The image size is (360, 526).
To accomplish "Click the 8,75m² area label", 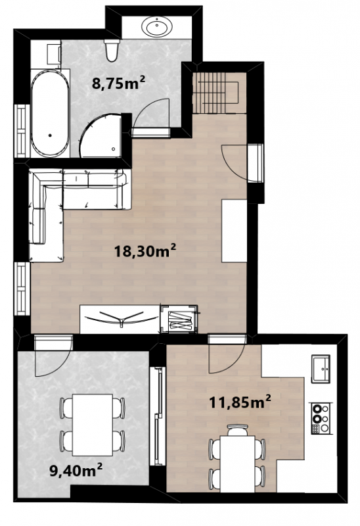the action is pos(119,83).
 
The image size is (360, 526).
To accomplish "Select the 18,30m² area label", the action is pos(145,251).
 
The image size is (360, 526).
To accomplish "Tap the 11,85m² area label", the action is pos(240,402).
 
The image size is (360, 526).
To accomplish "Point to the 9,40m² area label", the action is pos(76,470).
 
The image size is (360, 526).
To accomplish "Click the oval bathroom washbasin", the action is pos(157,26).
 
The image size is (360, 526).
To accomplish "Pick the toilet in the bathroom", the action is pos(112,50).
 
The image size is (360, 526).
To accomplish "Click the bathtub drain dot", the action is pos(50,135).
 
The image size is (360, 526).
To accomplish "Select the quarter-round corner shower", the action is pos(101,136).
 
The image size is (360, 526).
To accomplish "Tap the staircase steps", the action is pos(216,93).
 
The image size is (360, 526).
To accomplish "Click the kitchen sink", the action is pos(321,369).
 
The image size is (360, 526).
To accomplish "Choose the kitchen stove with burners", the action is pos(321,419).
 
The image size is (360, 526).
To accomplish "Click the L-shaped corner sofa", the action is pos(74,208).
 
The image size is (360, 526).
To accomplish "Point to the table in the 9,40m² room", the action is pos(93,425).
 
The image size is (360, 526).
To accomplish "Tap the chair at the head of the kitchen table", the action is pos(238,430).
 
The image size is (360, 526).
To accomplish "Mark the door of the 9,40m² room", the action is pos(54,356).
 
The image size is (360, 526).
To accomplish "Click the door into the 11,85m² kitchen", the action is pos(227,354).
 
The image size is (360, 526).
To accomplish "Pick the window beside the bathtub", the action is pos(22,131).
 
